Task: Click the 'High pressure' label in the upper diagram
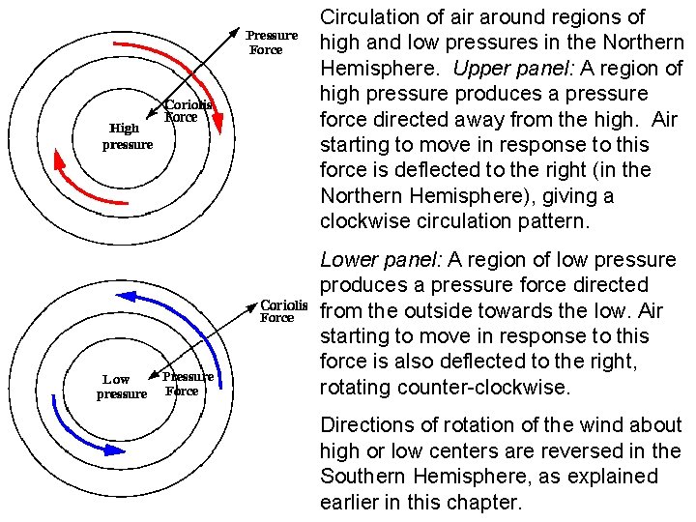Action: pos(128,136)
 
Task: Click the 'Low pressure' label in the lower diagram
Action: pos(122,387)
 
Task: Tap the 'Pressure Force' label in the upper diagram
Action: pos(271,43)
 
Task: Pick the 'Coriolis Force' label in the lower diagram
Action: pos(284,310)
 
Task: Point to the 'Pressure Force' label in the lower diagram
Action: pos(187,384)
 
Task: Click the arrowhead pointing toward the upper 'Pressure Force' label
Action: pos(237,33)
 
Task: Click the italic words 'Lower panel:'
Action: pos(382,260)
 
